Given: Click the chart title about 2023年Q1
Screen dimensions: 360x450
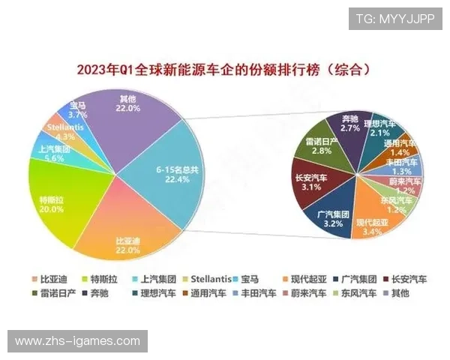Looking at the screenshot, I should tap(225, 70).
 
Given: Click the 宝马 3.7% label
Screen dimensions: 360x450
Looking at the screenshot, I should tap(78, 111).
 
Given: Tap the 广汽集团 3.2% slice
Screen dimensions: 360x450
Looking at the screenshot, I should tap(331, 218).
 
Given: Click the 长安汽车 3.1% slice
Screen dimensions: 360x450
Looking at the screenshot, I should tap(309, 181).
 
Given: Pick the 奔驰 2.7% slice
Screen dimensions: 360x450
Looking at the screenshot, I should tap(349, 124).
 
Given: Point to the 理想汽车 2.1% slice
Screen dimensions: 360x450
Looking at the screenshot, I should tap(379, 127).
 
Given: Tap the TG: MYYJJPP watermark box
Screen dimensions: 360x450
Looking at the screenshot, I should tap(395, 19).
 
